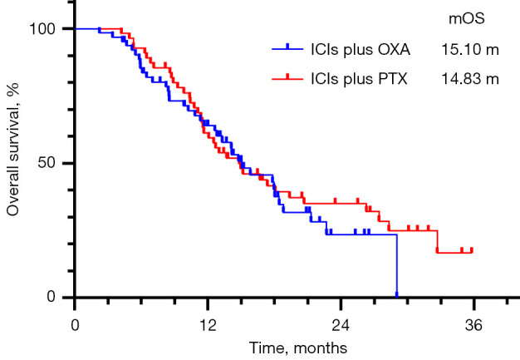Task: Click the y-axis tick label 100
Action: click(42, 29)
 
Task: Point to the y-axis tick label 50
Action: click(46, 163)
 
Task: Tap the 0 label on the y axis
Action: click(51, 297)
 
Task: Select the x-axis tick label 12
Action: click(208, 325)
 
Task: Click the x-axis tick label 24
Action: click(341, 325)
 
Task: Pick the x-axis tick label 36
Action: click(473, 325)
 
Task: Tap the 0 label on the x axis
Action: click(75, 325)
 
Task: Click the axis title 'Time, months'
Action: click(298, 348)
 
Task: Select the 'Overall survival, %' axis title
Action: click(13, 150)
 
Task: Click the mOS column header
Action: click(467, 18)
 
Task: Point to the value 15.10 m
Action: click(470, 50)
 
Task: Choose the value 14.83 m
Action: click(470, 79)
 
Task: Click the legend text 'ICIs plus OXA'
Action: click(361, 50)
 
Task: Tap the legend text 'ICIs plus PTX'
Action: click(359, 79)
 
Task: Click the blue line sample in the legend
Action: click(287, 49)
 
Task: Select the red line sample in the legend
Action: click(287, 78)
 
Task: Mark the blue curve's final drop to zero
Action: click(396, 265)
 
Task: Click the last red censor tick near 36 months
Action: click(472, 250)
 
